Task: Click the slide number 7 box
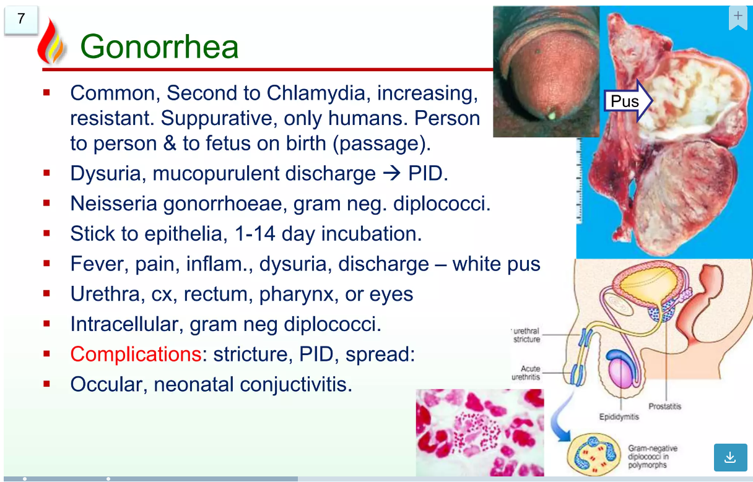(21, 20)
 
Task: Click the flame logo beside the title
(51, 41)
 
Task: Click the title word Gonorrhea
(159, 46)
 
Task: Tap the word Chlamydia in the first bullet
(316, 93)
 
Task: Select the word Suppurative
(219, 118)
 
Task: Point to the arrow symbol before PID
(391, 174)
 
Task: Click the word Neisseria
(113, 204)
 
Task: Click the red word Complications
(136, 354)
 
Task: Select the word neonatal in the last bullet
(194, 384)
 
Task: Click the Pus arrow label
(628, 101)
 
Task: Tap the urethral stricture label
(526, 335)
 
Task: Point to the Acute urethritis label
(526, 373)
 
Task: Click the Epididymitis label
(619, 417)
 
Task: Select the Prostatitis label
(664, 407)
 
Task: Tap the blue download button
(730, 457)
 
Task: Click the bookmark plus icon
(738, 17)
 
